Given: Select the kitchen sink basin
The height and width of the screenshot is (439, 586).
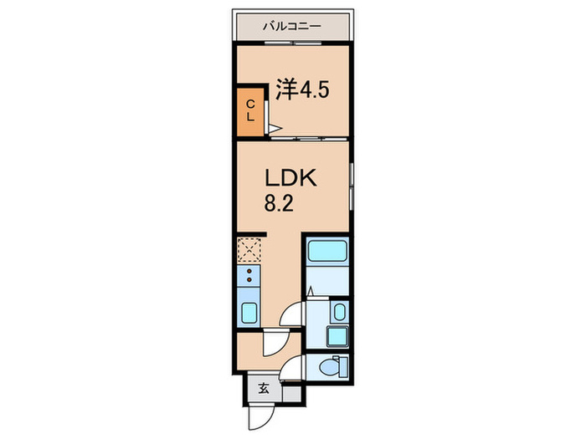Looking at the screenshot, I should click(x=249, y=313).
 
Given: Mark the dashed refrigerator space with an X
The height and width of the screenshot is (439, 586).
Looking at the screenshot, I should click(x=249, y=249).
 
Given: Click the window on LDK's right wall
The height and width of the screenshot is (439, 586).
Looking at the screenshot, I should click(x=352, y=188).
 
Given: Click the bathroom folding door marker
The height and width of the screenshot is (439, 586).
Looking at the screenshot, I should click(x=311, y=292).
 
